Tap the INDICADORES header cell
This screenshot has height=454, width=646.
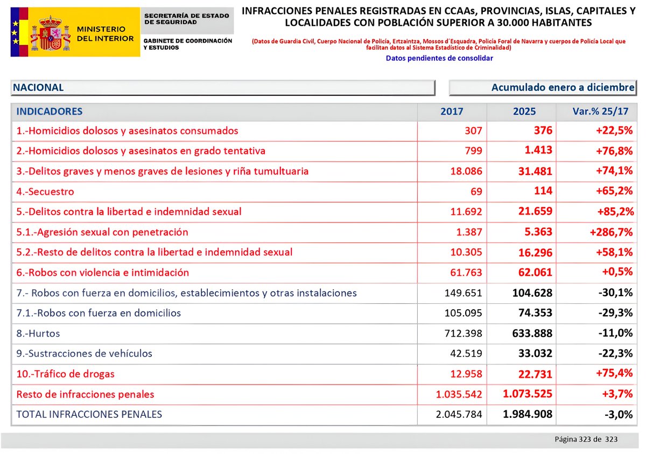click(x=50, y=111)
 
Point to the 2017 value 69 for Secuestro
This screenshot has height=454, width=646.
click(x=475, y=192)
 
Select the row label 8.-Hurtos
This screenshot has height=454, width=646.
click(x=38, y=333)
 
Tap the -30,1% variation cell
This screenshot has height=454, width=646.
click(x=615, y=293)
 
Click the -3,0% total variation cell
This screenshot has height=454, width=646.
click(x=618, y=415)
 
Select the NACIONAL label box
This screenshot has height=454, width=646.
click(x=222, y=87)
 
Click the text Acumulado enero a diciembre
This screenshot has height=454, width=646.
click(x=563, y=87)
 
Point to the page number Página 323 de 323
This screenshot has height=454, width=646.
click(x=586, y=439)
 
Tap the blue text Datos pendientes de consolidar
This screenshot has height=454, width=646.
click(x=439, y=58)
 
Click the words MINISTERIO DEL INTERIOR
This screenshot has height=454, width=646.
click(x=105, y=33)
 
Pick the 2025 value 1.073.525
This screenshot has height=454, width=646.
click(x=527, y=394)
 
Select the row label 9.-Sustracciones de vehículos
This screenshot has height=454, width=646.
click(x=85, y=354)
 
